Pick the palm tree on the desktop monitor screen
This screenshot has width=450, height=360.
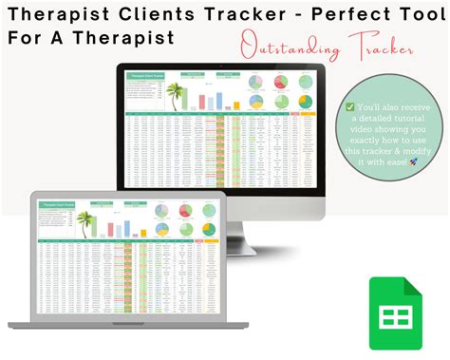173,95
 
